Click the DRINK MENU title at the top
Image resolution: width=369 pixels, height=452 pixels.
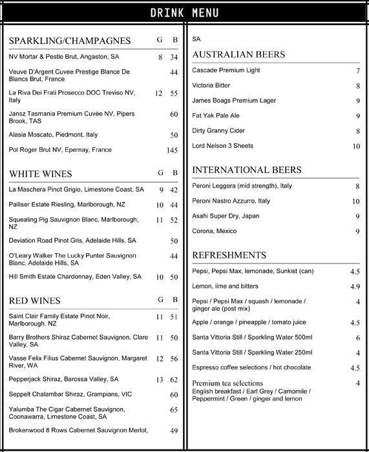(x=184, y=13)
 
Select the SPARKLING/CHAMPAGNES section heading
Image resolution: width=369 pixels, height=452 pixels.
(x=70, y=41)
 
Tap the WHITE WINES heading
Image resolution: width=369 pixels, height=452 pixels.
(x=41, y=174)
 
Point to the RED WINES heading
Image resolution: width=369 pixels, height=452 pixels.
(x=35, y=301)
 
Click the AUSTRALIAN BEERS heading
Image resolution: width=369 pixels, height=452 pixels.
(x=238, y=55)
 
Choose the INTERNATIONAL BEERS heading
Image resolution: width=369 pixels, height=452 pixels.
(x=247, y=170)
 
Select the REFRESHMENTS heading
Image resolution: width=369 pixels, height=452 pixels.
(x=229, y=255)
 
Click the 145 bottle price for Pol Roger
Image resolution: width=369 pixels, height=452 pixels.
(x=172, y=150)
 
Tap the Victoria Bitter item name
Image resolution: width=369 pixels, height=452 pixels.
(x=211, y=85)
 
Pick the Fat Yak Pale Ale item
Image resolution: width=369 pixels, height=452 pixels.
(x=216, y=116)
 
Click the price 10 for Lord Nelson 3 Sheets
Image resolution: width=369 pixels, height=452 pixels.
(x=356, y=147)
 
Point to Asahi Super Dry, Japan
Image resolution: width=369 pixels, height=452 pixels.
(x=226, y=216)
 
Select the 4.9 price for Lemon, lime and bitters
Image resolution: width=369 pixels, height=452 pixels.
(x=355, y=287)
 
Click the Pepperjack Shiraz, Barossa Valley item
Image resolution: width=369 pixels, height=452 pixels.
(x=64, y=379)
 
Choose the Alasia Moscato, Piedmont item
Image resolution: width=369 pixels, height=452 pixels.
(x=54, y=135)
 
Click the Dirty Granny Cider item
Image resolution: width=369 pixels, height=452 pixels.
(x=219, y=131)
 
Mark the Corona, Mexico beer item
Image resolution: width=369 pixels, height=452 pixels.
(x=215, y=231)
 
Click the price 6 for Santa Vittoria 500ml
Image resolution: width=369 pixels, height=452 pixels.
(x=357, y=338)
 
